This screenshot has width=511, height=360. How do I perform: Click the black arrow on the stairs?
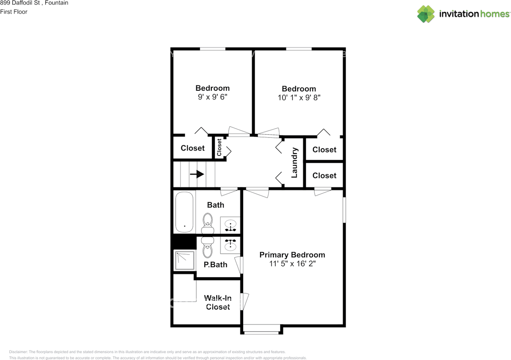[x=197, y=174]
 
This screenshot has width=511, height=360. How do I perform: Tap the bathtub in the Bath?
[x=184, y=212]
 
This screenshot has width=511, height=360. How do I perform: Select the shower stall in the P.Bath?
[x=185, y=260]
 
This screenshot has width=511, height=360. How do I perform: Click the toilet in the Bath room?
[x=208, y=223]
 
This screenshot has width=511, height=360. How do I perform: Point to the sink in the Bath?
[x=230, y=225]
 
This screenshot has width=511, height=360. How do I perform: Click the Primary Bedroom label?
[x=292, y=255]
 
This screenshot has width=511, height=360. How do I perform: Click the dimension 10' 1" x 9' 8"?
[x=299, y=97]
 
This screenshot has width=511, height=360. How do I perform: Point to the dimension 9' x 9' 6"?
[x=212, y=97]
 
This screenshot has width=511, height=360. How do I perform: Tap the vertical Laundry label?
[x=295, y=163]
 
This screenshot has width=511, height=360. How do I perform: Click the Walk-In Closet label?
[x=218, y=302]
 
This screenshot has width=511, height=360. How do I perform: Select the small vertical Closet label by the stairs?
[x=219, y=147]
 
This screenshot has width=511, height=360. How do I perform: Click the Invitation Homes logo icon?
[x=426, y=14]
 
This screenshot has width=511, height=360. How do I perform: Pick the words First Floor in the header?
[x=14, y=12]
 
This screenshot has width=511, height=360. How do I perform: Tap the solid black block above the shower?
[x=183, y=241]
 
